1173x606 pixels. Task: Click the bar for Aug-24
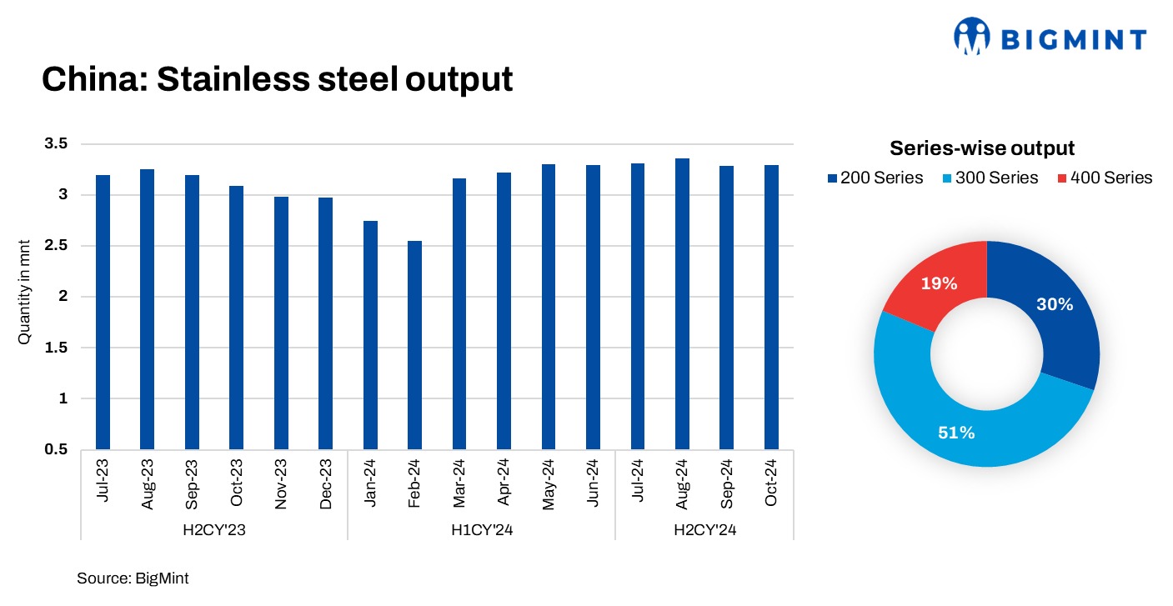pyautogui.click(x=682, y=303)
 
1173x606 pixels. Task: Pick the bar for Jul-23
pyautogui.click(x=103, y=312)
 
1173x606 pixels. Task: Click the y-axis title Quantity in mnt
pyautogui.click(x=25, y=297)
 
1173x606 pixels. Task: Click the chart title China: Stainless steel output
pyautogui.click(x=277, y=79)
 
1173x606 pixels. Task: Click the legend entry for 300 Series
pyautogui.click(x=992, y=178)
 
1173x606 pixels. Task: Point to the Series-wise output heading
pyautogui.click(x=982, y=148)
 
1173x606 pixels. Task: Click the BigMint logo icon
pyautogui.click(x=972, y=38)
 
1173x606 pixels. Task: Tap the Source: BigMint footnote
pyautogui.click(x=133, y=578)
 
